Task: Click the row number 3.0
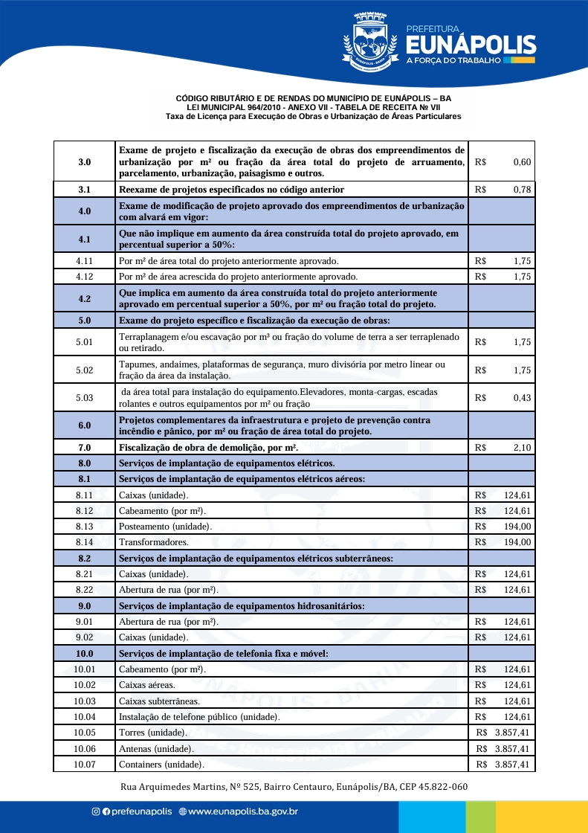(x=84, y=161)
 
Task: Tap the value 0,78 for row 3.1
(x=522, y=190)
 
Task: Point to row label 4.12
(x=84, y=277)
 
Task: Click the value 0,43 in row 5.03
(x=522, y=398)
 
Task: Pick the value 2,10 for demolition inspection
(x=522, y=448)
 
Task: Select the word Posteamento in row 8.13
(x=143, y=527)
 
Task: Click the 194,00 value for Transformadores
(x=517, y=542)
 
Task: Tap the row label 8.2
(x=84, y=558)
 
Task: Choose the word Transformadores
(x=153, y=542)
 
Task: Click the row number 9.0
(x=84, y=606)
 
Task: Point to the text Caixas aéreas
(x=147, y=685)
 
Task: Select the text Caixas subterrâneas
(x=157, y=701)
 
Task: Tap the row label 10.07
(x=84, y=765)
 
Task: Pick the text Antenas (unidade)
(x=156, y=748)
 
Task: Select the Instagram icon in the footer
(x=95, y=812)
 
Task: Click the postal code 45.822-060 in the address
(x=441, y=787)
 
